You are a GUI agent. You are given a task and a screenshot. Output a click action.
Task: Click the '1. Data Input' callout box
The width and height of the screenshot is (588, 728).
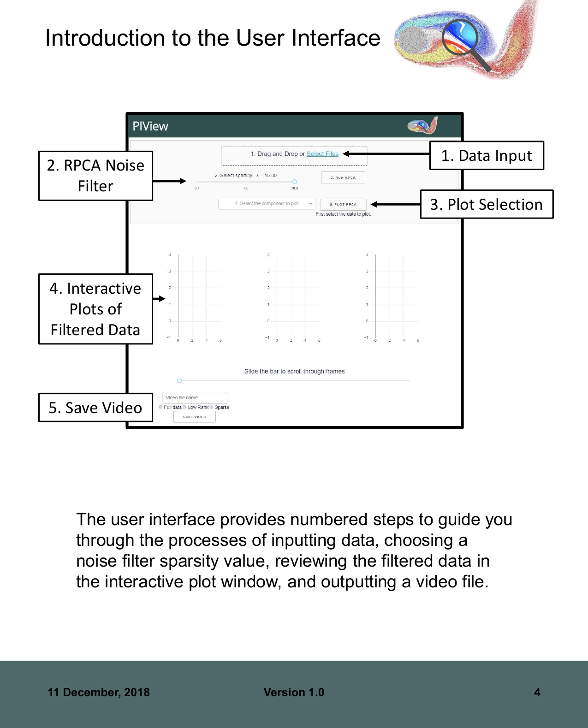click(487, 156)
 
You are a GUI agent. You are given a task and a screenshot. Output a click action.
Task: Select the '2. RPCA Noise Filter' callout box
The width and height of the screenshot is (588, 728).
click(95, 176)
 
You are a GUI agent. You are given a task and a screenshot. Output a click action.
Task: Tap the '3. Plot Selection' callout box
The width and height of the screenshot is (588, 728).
click(487, 204)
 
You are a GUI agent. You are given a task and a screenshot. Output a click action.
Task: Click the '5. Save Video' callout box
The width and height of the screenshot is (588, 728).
click(95, 408)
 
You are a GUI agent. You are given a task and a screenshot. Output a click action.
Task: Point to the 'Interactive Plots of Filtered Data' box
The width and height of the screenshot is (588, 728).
click(95, 309)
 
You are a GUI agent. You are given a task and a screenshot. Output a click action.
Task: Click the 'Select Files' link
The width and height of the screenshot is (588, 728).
click(322, 154)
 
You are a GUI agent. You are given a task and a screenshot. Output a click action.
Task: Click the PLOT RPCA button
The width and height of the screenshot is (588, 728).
click(343, 204)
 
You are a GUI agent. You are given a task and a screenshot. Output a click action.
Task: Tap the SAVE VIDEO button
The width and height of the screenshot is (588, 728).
click(195, 417)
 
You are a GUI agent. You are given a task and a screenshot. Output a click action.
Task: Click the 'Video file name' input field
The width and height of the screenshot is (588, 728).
click(195, 397)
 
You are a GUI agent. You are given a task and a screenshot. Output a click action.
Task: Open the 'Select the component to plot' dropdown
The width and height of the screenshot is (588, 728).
click(267, 204)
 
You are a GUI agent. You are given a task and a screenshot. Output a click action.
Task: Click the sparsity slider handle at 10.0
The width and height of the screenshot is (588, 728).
click(294, 182)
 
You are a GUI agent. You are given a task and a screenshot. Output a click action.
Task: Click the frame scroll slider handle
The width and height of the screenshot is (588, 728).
click(179, 381)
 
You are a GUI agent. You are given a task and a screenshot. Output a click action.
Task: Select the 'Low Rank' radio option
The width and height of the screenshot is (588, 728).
click(184, 407)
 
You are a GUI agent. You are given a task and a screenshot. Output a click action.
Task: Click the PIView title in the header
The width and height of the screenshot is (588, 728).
click(150, 126)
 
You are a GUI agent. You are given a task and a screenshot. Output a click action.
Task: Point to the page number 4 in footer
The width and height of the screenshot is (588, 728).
click(537, 692)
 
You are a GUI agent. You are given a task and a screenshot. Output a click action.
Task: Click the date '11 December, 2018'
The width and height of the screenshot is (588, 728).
click(99, 692)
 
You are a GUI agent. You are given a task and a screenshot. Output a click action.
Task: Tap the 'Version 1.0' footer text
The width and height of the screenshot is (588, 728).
click(294, 692)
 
